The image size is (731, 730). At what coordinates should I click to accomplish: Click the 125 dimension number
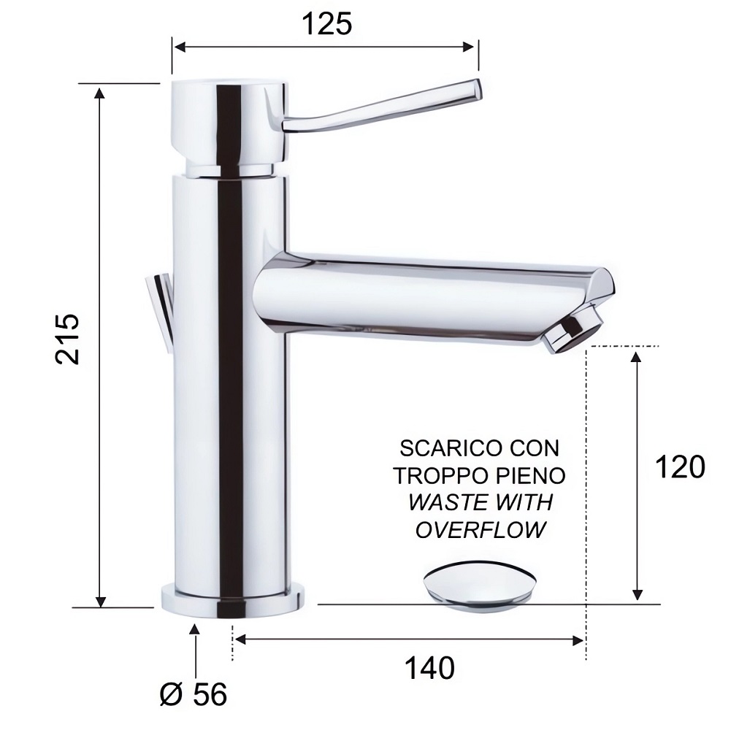(x=327, y=24)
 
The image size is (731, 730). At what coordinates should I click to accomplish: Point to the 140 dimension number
(x=429, y=668)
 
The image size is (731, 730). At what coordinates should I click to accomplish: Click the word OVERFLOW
(x=481, y=530)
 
